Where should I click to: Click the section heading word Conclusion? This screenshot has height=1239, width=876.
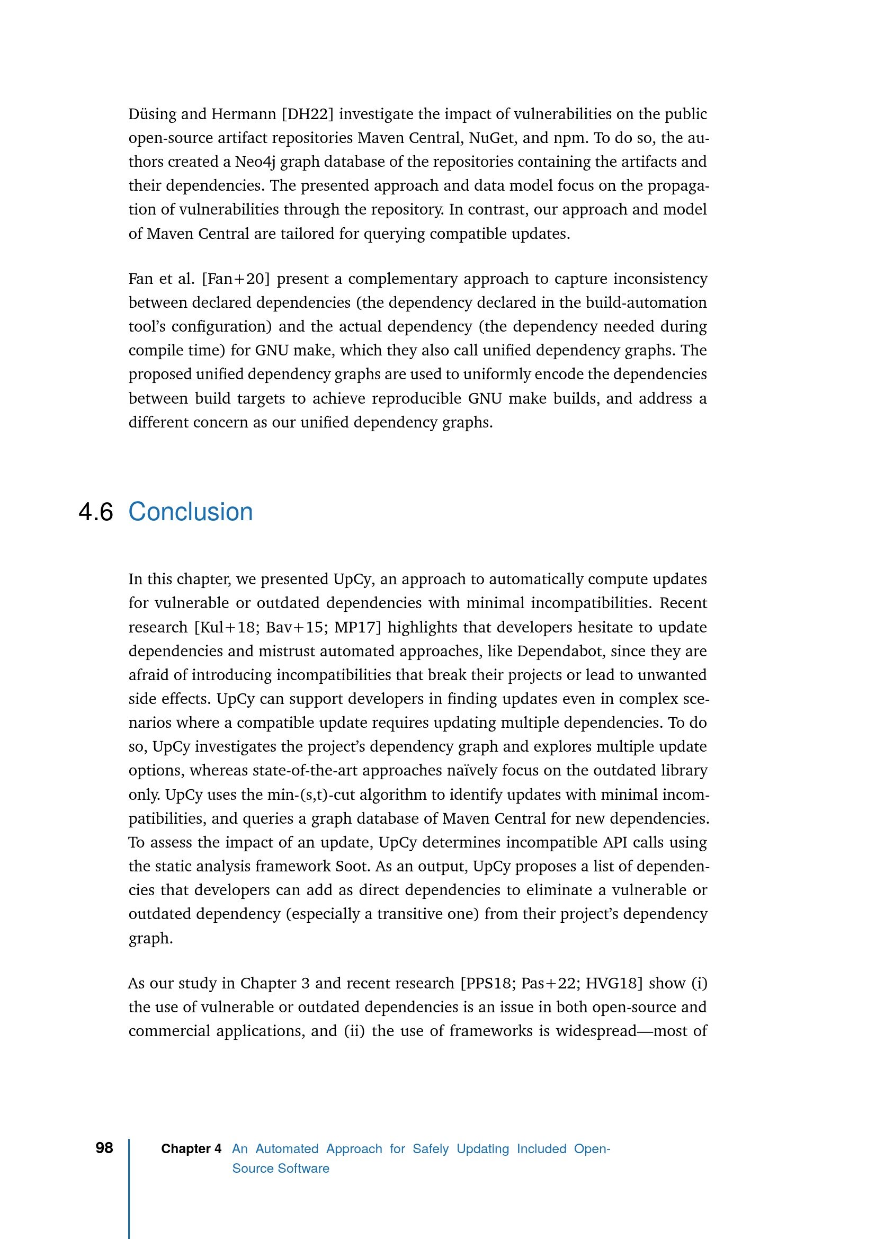pos(191,512)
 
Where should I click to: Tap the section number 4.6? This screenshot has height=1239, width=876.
pos(95,512)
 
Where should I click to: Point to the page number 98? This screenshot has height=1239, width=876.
pos(104,1148)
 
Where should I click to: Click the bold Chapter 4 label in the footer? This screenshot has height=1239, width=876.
pos(191,1149)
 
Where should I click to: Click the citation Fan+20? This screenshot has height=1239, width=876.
pos(236,279)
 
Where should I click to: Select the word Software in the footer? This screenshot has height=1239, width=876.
pos(303,1169)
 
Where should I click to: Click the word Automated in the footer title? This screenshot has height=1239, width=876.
pos(287,1149)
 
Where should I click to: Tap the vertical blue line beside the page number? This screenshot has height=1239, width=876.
pos(129,1187)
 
